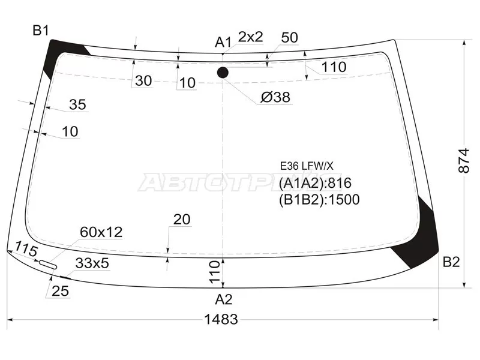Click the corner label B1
pos(41,31)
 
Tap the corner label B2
pos(451,262)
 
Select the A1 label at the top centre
pos(223,42)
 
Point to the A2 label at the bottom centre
pos(224,299)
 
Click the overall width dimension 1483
pos(221,319)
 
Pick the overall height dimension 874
pos(464,161)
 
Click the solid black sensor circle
pos(223,73)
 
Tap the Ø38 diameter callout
pos(275,97)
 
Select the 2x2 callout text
pos(250,37)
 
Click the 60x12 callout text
pos(101,232)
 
